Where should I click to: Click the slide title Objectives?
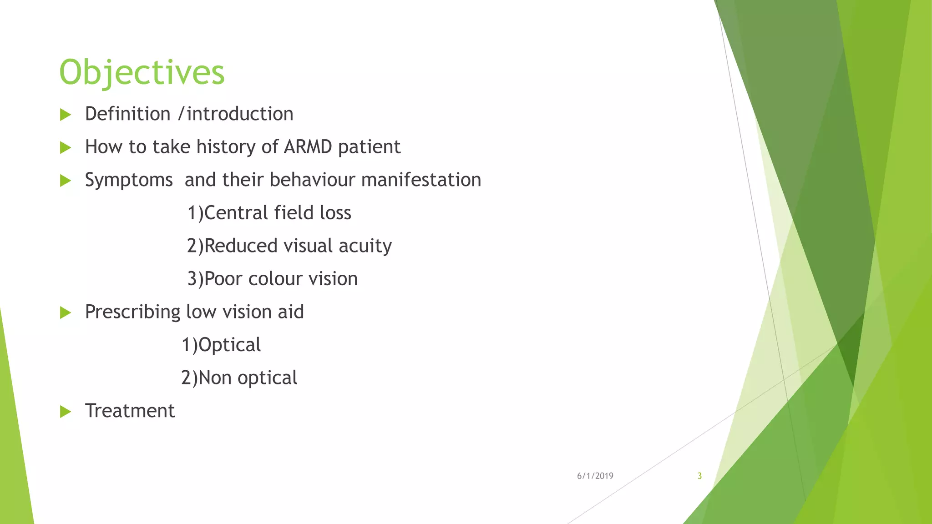pos(142,73)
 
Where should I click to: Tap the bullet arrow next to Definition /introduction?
pos(66,115)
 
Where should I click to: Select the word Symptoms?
pos(129,180)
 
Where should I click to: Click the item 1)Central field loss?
pos(269,213)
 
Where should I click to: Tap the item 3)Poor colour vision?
pos(272,279)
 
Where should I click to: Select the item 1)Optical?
pos(221,345)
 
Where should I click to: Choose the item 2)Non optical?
pos(239,378)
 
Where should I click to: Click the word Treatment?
pos(130,411)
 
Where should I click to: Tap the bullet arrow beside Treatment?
pos(66,412)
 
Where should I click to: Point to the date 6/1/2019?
pos(595,476)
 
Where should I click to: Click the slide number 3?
pos(699,476)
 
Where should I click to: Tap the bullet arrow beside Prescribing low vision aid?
pos(66,312)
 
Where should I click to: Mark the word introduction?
pos(240,114)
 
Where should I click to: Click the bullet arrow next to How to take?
pos(66,147)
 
